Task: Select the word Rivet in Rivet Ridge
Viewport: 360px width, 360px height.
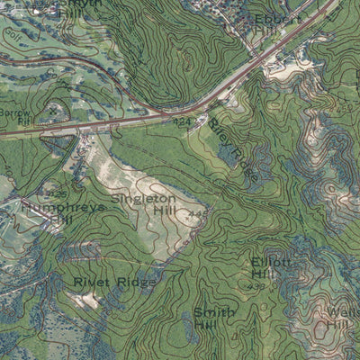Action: click(x=90, y=283)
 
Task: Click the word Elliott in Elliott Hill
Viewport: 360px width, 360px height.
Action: click(x=271, y=261)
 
